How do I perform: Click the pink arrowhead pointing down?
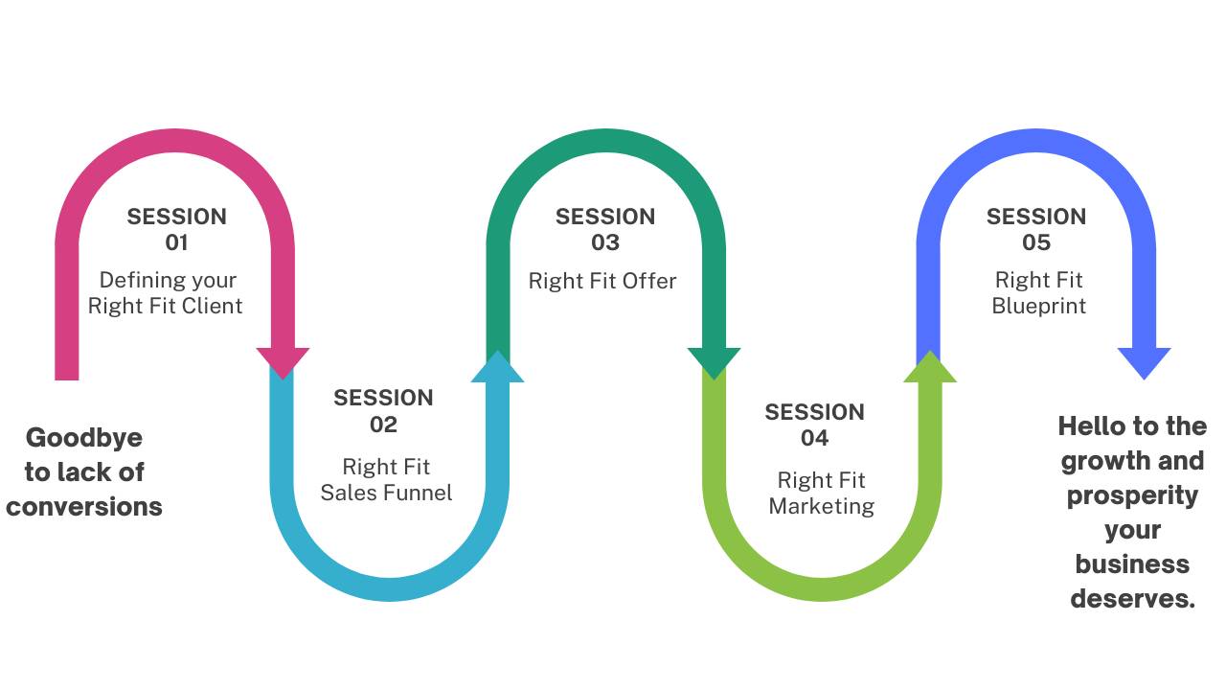(283, 362)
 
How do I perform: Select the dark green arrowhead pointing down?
(714, 362)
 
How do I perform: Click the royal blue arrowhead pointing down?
(1145, 362)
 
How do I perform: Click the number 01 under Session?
(176, 242)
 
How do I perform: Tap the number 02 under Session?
(383, 425)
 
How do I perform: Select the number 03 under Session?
(604, 242)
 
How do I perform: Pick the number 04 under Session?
(814, 438)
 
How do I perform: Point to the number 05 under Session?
(1036, 242)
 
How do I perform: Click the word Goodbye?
(84, 438)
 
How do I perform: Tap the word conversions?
(84, 506)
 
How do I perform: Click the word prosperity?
(1132, 495)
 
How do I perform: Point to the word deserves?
(1132, 599)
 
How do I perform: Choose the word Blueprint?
(1039, 307)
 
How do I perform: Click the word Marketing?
(822, 506)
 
